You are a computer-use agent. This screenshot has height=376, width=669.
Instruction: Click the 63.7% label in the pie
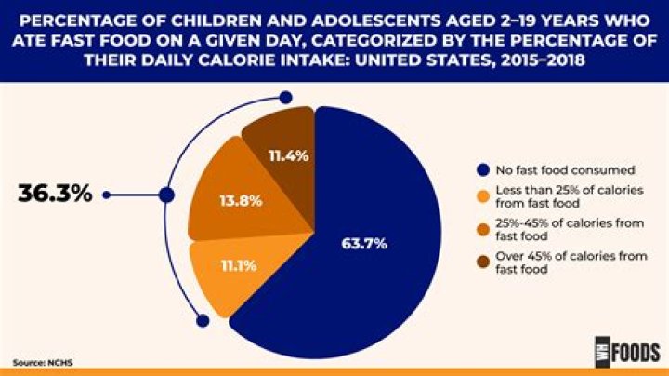click(363, 244)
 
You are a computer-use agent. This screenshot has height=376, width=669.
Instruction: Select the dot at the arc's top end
click(286, 96)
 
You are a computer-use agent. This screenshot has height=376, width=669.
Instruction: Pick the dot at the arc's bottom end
click(203, 320)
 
